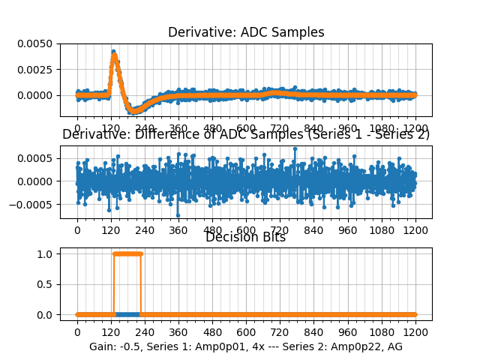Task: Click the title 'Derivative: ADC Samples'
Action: point(246,32)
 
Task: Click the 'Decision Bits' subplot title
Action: point(245,238)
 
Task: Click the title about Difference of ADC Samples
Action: point(246,135)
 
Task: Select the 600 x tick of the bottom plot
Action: point(246,332)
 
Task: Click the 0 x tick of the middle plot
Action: point(77,229)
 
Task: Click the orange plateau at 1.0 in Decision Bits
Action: point(127,253)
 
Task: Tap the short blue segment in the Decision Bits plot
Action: point(127,314)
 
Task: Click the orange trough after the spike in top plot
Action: point(136,110)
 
